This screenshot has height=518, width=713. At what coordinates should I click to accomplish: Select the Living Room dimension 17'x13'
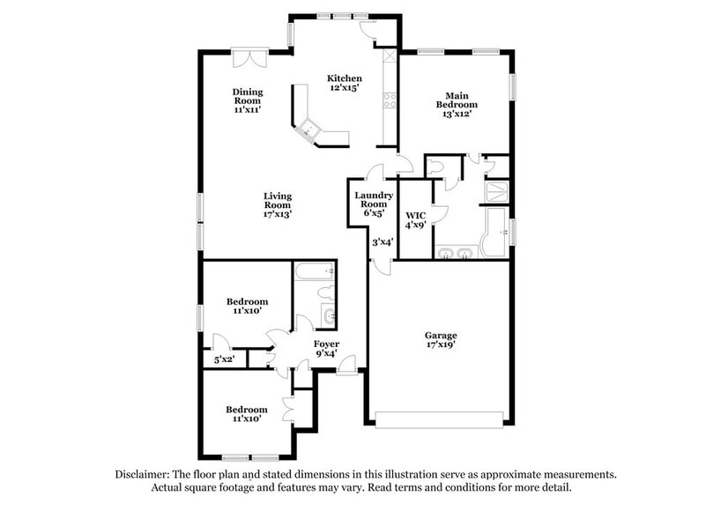[x=278, y=213]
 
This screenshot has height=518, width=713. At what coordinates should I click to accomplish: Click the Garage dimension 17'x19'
[x=441, y=345]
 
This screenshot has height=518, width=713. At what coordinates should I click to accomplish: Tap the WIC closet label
[x=415, y=215]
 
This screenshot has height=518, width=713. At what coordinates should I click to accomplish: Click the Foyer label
[x=326, y=344]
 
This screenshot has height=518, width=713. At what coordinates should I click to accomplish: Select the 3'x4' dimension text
[x=381, y=241]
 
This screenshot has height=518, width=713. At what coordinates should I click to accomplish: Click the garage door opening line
[x=441, y=414]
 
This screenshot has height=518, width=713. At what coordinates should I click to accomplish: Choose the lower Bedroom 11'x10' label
[x=246, y=414]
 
